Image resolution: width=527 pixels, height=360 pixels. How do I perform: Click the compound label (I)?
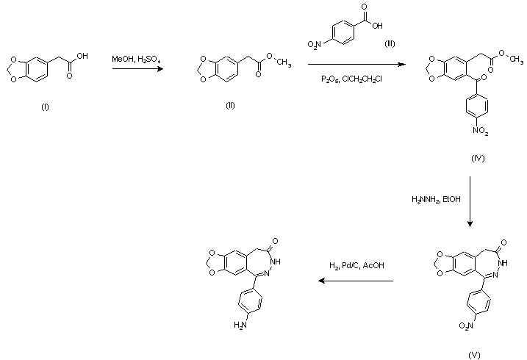click(45, 107)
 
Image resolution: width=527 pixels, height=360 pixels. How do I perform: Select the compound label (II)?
click(230, 106)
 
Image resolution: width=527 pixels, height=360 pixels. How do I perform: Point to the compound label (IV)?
click(478, 158)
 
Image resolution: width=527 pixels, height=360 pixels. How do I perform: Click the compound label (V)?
click(473, 355)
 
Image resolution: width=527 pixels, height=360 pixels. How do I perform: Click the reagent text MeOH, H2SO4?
click(137, 58)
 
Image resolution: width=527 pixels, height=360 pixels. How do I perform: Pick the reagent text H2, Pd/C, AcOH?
click(356, 267)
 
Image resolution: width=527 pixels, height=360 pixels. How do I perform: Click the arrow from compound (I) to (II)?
click(137, 69)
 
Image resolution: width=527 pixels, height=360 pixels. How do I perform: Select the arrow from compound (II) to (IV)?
click(356, 65)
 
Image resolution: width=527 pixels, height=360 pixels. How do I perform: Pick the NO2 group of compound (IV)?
click(479, 132)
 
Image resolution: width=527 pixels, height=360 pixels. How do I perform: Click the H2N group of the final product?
click(239, 324)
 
